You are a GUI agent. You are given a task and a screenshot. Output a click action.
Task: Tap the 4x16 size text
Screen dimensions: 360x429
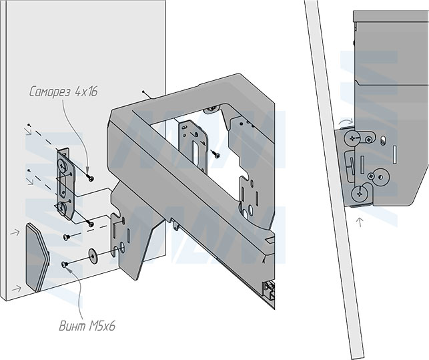tap(86, 92)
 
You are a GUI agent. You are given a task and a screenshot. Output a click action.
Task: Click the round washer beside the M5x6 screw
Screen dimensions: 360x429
tap(92, 252)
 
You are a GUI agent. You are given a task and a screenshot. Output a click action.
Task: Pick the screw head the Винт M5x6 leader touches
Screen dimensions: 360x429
tap(65, 264)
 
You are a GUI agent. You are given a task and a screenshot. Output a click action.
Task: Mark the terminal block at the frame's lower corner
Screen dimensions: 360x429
tap(270, 289)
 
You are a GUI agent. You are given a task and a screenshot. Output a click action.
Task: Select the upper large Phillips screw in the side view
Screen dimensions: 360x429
tap(353, 138)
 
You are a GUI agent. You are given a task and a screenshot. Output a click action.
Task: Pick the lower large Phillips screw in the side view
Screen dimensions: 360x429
tap(359, 194)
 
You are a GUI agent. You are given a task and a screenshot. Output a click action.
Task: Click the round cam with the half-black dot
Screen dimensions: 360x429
tap(379, 178)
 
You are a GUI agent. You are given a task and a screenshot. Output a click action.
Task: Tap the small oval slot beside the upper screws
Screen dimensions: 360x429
tap(384, 140)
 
